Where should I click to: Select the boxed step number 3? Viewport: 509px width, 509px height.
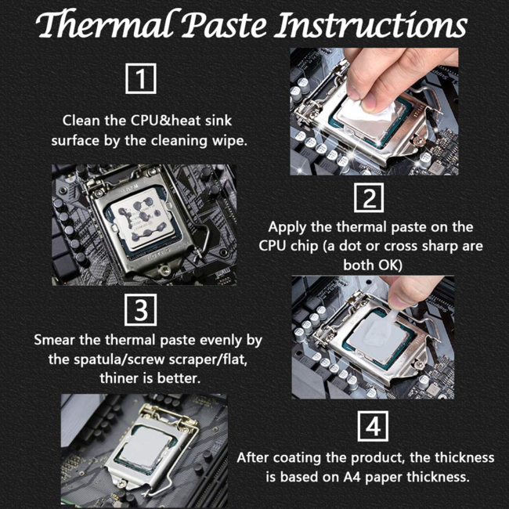click(x=141, y=311)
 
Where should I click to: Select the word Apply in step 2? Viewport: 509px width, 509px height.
click(x=286, y=227)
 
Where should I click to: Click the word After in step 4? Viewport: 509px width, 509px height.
click(x=254, y=457)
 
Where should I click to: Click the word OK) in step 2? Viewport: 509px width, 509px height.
click(x=392, y=265)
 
